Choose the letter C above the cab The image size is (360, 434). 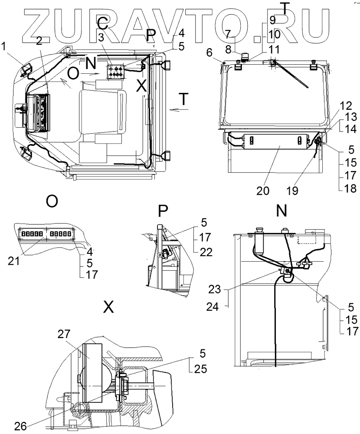click(x=101, y=23)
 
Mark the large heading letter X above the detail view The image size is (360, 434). click(x=108, y=307)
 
